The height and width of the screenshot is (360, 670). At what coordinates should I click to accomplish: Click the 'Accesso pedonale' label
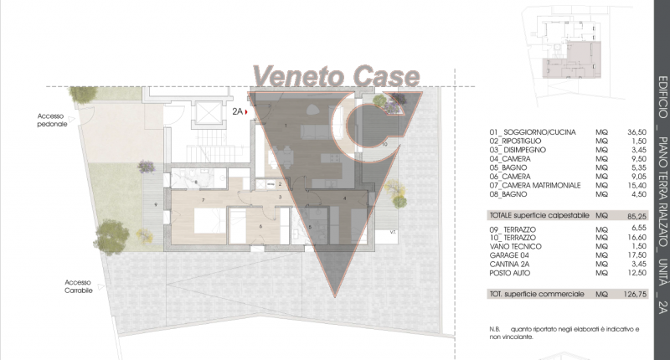(x=52, y=120)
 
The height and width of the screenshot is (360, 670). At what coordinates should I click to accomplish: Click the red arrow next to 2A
(x=248, y=111)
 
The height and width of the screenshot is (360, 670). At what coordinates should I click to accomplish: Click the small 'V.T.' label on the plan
(x=393, y=231)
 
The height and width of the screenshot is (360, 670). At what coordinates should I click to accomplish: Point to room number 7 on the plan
(x=204, y=201)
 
